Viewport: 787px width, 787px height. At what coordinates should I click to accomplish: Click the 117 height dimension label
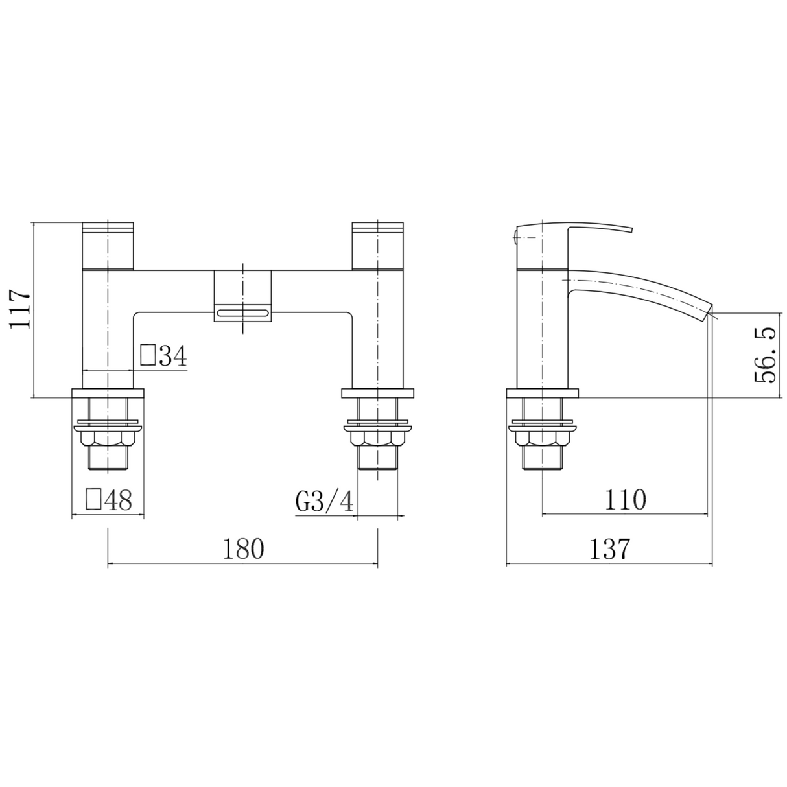(x=20, y=309)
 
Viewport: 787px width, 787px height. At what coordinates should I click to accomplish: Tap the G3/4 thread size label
(x=324, y=501)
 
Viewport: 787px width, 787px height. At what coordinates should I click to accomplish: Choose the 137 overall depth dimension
(x=609, y=549)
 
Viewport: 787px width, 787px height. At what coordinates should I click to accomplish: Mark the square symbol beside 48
(x=94, y=499)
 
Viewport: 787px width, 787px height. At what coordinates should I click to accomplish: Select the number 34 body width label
(x=172, y=355)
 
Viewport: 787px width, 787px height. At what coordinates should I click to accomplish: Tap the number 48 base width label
(x=117, y=500)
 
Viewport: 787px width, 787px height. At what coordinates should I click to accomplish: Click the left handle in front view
(x=108, y=246)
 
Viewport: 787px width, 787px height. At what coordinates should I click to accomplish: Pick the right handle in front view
(x=377, y=246)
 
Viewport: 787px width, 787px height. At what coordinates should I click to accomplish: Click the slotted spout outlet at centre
(x=242, y=314)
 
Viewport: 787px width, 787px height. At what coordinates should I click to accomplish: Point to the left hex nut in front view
(x=108, y=440)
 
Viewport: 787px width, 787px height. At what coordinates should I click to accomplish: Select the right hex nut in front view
(x=377, y=440)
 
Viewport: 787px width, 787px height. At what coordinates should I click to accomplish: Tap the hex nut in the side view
(x=542, y=440)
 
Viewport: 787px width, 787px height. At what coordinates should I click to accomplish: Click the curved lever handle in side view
(x=600, y=229)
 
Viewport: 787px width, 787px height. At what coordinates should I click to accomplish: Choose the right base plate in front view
(x=377, y=393)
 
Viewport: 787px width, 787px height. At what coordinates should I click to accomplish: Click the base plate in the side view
(x=542, y=393)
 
